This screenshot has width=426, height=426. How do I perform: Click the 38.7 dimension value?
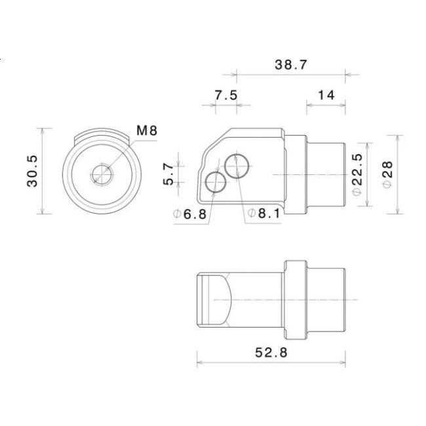pos(291,65)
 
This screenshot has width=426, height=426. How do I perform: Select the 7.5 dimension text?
pos(226,95)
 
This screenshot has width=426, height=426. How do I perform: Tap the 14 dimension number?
pos(326,95)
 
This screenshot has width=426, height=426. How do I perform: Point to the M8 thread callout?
pos(147,130)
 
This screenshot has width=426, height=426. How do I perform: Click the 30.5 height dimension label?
pos(32,171)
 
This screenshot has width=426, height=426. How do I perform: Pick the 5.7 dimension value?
pos(168,174)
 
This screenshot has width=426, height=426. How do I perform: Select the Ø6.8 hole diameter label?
pos(190,214)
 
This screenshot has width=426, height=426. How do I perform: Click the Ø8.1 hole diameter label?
pos(264,213)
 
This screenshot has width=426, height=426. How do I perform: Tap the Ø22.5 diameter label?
pos(358,174)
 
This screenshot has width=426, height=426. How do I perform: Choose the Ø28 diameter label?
pos(387,174)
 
